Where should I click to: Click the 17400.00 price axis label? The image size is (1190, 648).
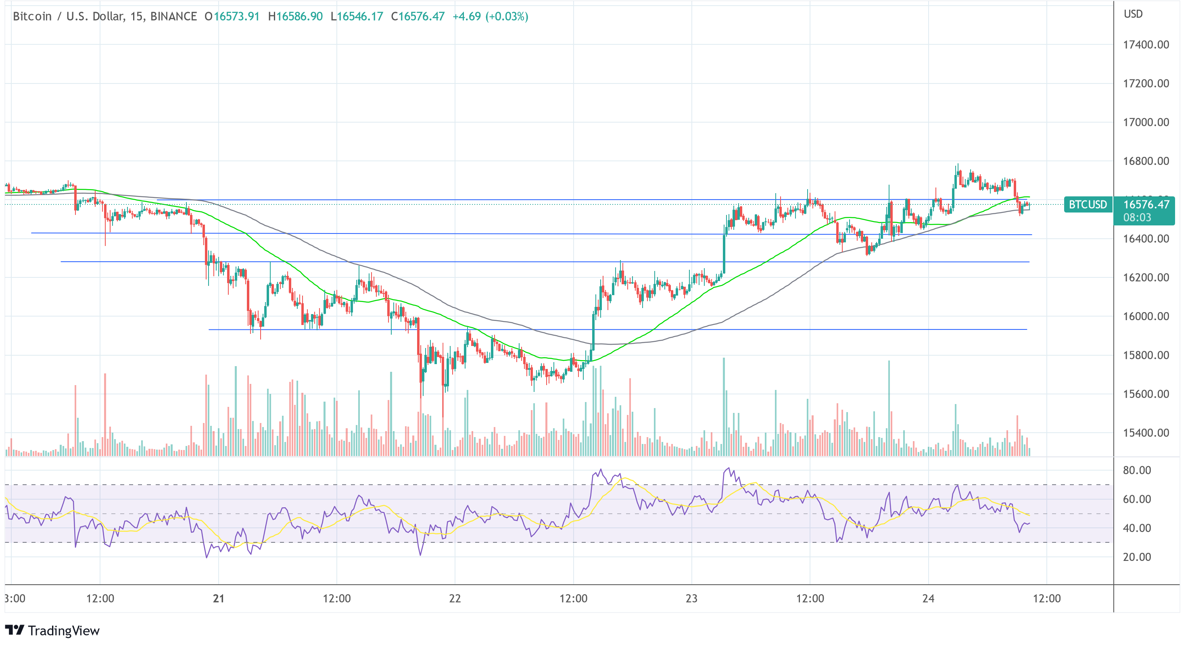click(1146, 45)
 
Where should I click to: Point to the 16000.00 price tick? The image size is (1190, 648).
click(1146, 317)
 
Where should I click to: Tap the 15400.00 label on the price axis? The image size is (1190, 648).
click(1146, 433)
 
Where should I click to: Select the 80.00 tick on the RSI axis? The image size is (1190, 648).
click(1137, 470)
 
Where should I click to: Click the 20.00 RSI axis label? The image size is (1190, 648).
click(1137, 557)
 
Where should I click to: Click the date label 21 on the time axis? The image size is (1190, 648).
click(219, 598)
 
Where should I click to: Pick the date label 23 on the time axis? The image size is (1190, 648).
click(691, 598)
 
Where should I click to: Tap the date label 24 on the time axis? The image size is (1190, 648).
click(928, 598)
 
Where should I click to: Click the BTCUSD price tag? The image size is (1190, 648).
click(1088, 204)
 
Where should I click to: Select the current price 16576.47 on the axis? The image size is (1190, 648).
click(1146, 204)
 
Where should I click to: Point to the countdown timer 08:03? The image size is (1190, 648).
click(1137, 217)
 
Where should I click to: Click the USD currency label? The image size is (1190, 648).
click(1133, 15)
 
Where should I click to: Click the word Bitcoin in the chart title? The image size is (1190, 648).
click(32, 17)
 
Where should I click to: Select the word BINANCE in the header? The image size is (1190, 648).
click(174, 17)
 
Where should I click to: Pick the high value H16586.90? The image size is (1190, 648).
click(295, 17)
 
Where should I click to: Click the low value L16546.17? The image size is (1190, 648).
click(357, 17)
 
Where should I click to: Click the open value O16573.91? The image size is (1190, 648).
click(232, 17)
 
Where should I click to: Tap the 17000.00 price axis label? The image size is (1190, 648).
click(1146, 123)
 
